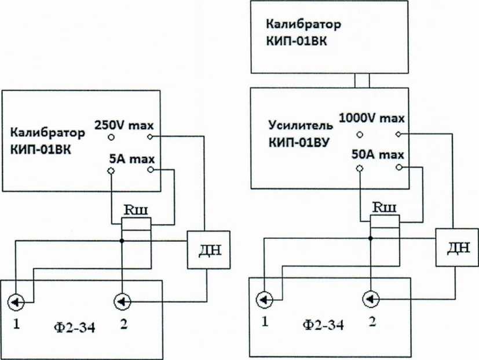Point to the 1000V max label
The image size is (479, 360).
coord(371,119)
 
